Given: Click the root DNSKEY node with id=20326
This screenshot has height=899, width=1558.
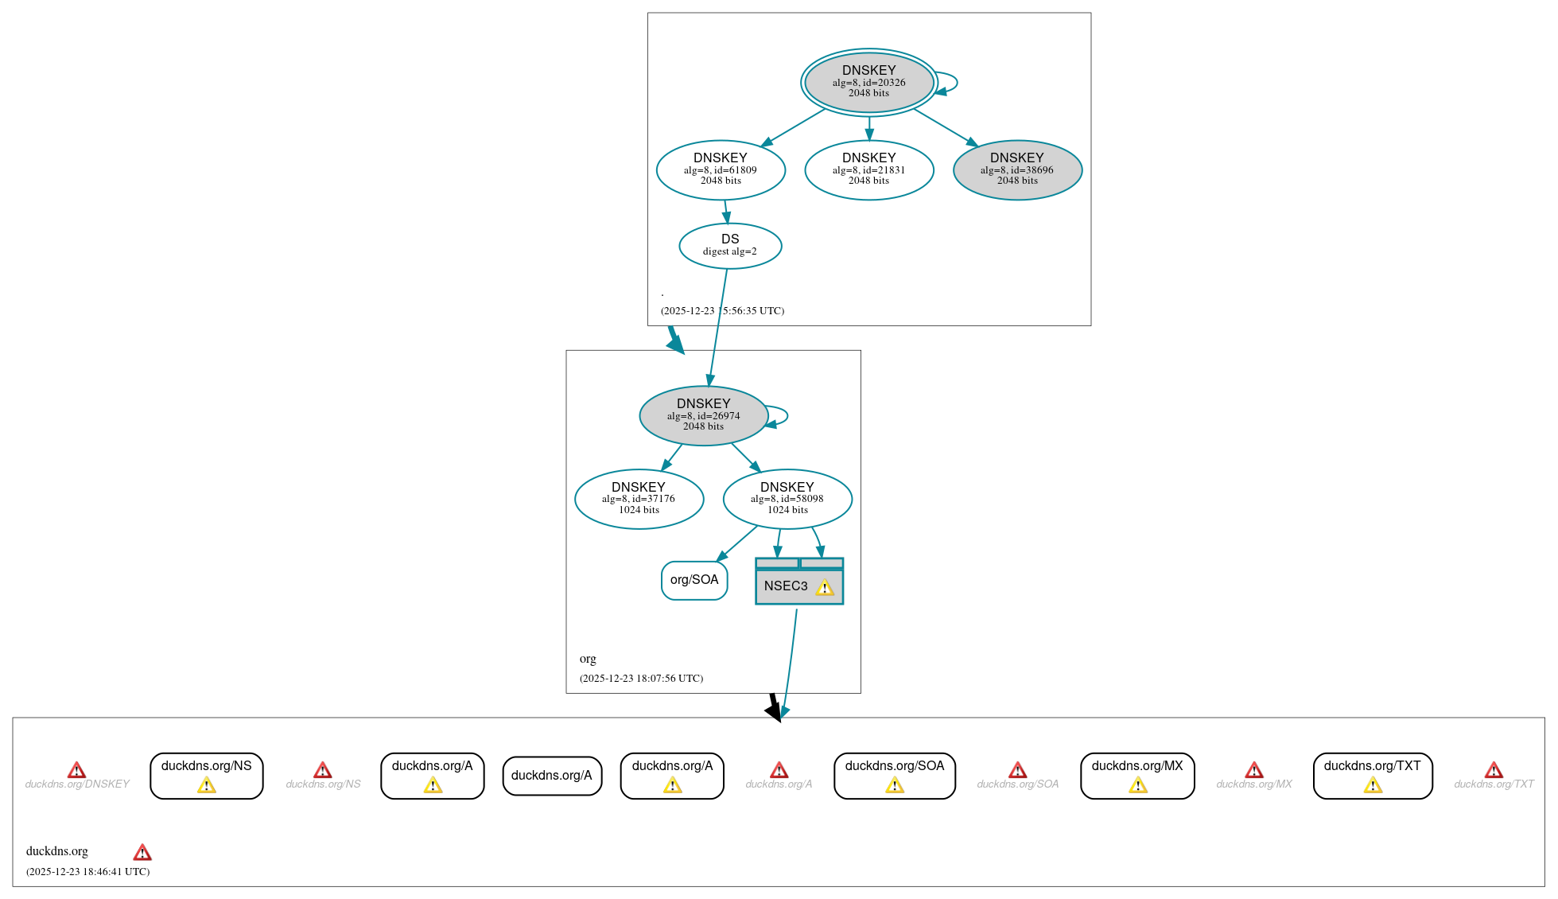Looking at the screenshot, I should click(x=868, y=82).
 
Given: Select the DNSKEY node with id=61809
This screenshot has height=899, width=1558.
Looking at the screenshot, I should click(x=721, y=169).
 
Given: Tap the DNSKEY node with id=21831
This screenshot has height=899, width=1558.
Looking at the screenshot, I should click(x=868, y=169).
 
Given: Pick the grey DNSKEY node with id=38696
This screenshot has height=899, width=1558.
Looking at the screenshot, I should click(x=1017, y=169).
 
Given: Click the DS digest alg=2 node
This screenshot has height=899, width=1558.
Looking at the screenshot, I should click(x=730, y=245).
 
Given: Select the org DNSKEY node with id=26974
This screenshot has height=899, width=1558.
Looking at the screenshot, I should click(x=703, y=415).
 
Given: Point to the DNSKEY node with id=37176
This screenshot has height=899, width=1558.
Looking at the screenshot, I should click(x=639, y=499).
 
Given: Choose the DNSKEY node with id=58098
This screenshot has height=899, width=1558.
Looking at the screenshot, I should click(x=787, y=499).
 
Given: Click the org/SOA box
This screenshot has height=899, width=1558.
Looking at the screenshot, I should click(x=694, y=580).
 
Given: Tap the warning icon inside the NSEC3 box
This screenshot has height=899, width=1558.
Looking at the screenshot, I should click(x=825, y=587).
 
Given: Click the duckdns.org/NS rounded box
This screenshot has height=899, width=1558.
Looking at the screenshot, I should click(x=206, y=775).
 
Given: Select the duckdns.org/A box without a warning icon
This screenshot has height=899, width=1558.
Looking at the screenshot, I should click(x=552, y=775).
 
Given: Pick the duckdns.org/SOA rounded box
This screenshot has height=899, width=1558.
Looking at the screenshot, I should click(x=895, y=775).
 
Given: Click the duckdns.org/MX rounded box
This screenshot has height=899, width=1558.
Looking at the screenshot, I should click(x=1137, y=775).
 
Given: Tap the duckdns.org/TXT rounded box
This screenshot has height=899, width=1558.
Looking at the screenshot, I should click(x=1372, y=775).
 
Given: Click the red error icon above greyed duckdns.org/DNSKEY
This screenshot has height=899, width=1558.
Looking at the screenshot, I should click(x=76, y=770).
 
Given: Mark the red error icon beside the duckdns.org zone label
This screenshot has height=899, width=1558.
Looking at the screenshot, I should click(x=142, y=852).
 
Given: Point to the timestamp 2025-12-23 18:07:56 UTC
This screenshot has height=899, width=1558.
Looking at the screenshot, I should click(x=641, y=679).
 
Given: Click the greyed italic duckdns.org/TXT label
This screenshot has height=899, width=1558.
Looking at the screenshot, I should click(x=1494, y=784).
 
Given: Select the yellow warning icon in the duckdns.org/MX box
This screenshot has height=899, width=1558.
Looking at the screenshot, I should click(x=1137, y=786).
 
